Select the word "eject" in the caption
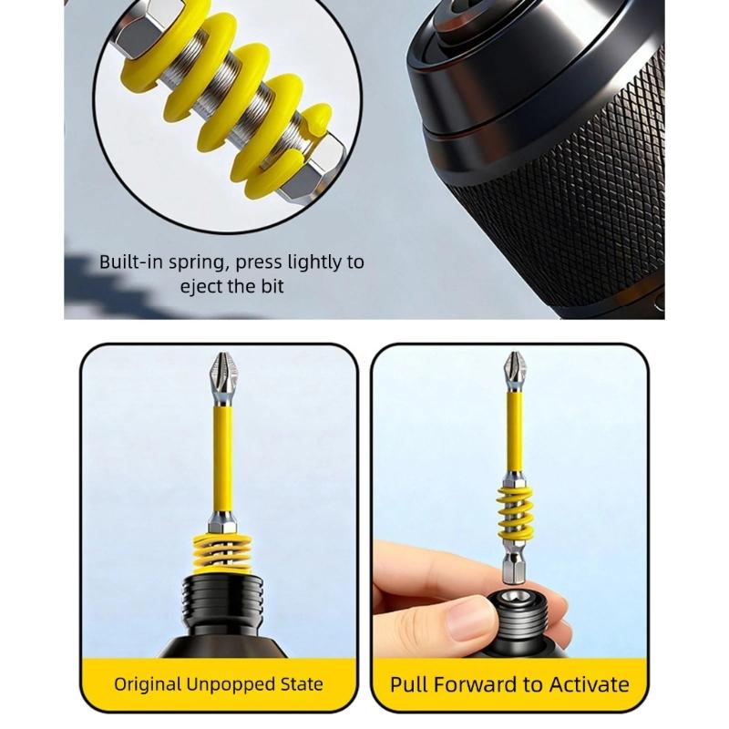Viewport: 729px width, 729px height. coord(201,286)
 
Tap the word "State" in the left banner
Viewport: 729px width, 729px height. coord(300,684)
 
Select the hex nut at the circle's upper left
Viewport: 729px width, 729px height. coord(155,36)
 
